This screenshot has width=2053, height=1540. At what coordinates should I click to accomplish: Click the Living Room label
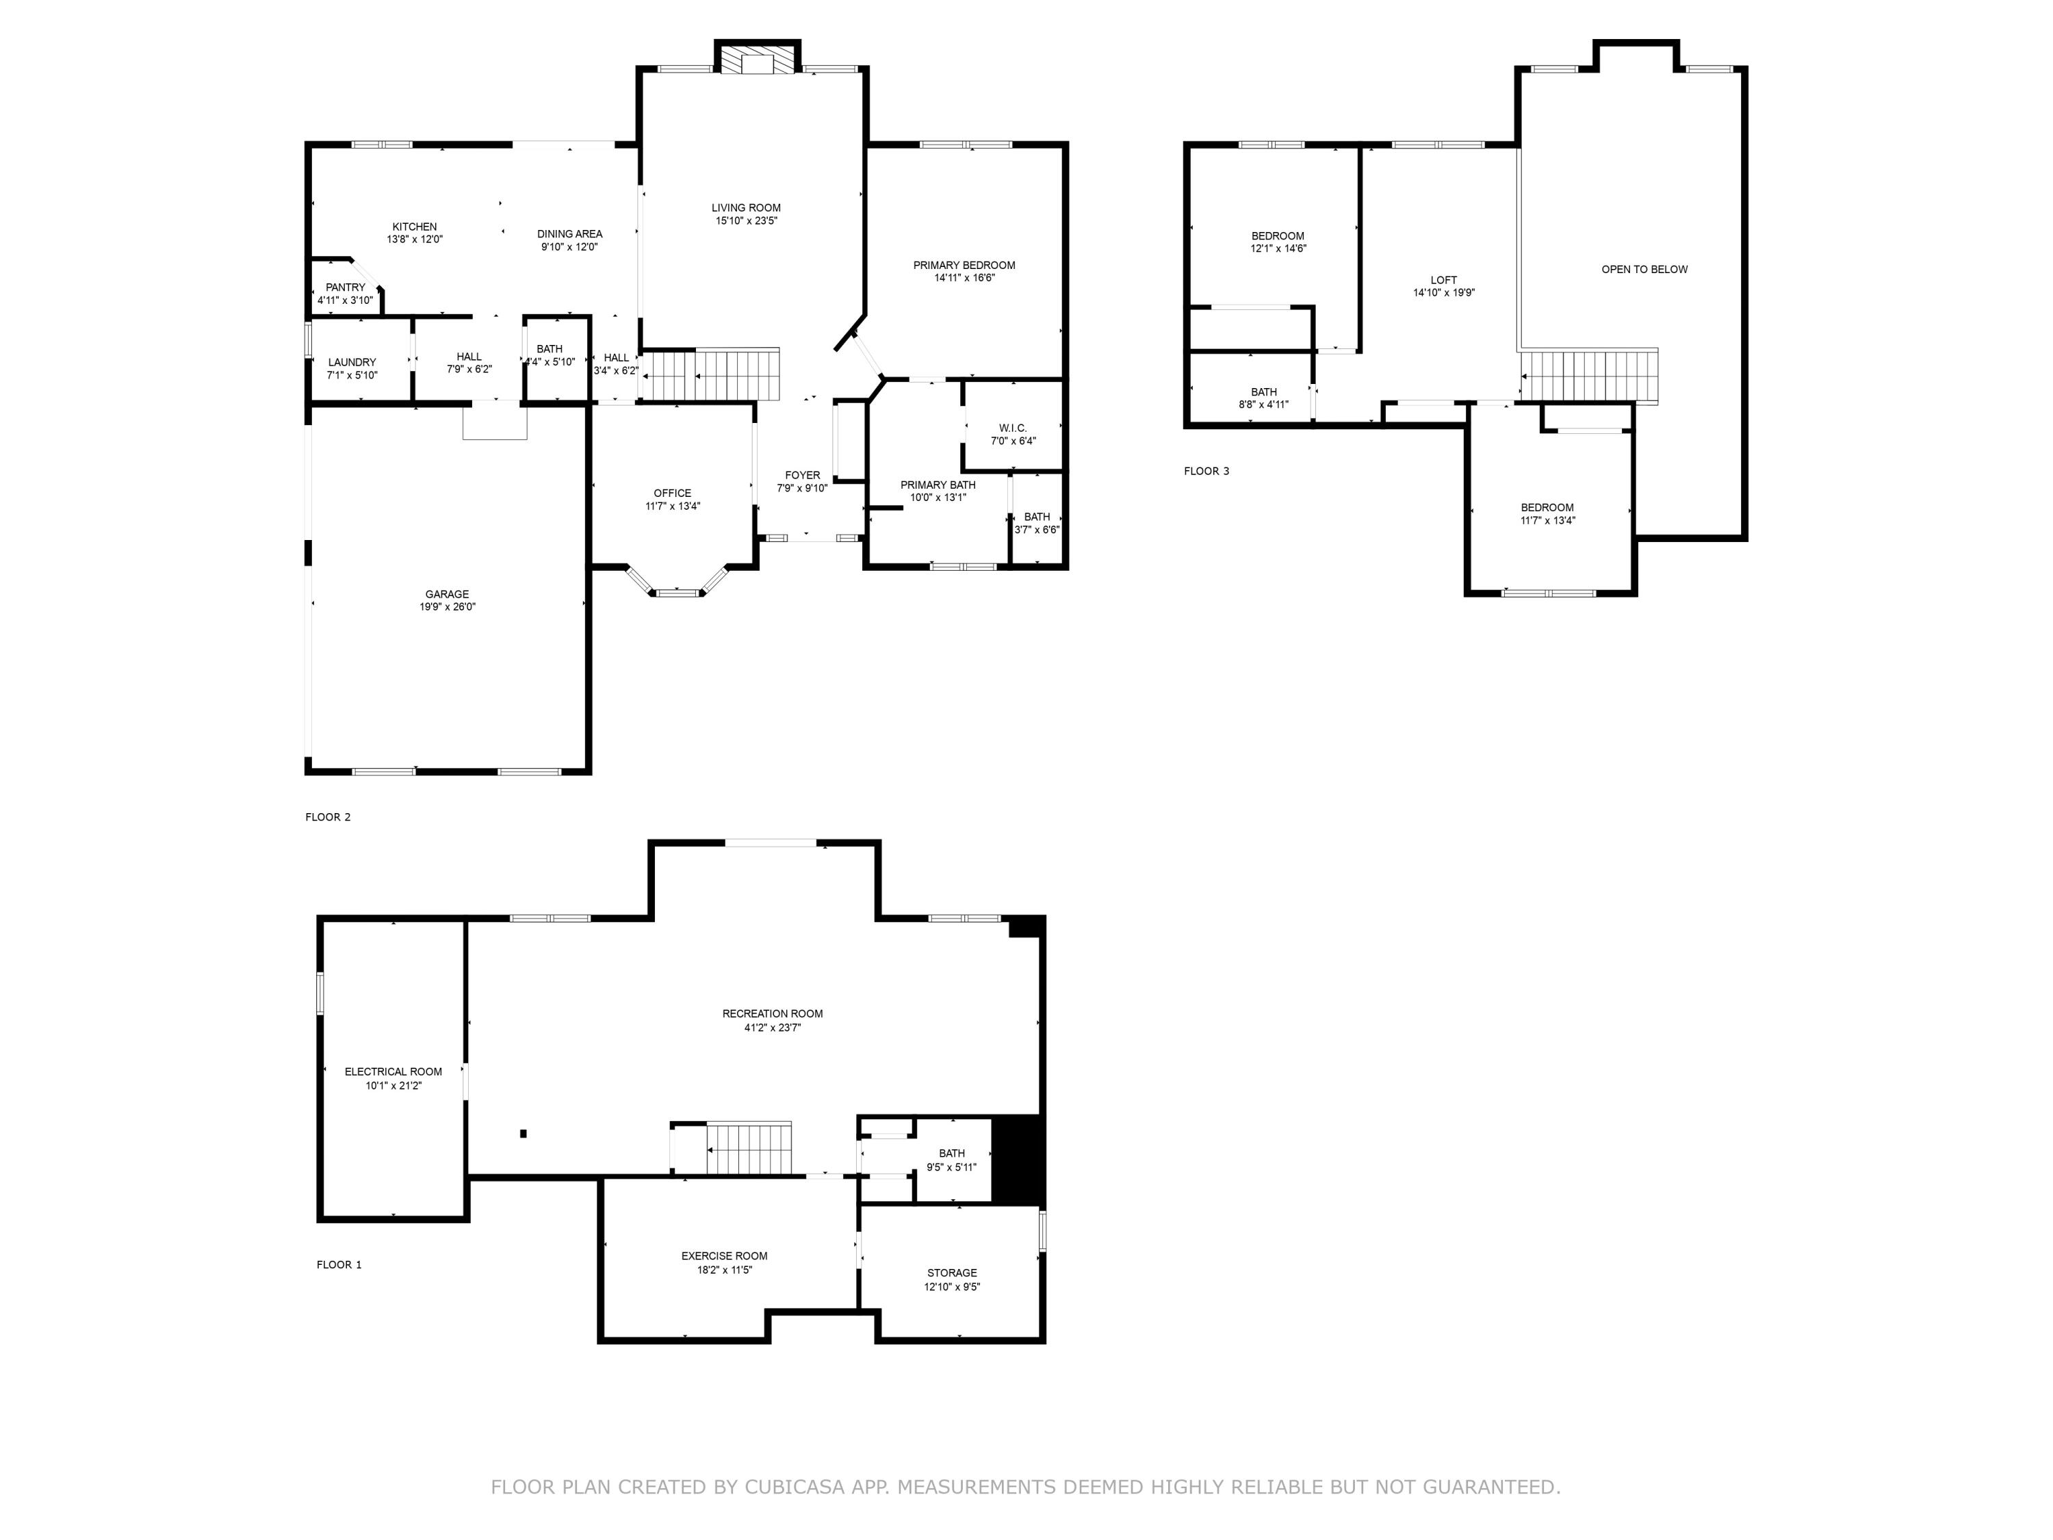[745, 208]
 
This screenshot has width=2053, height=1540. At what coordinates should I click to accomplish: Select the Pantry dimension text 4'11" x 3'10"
[346, 300]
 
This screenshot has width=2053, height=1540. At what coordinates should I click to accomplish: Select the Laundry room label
[352, 362]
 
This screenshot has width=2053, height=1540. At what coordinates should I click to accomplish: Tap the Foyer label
[802, 475]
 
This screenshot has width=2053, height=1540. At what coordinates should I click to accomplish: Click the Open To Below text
[1644, 269]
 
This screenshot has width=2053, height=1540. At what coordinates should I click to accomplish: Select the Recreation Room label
[772, 1014]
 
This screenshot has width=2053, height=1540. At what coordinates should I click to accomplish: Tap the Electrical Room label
[393, 1071]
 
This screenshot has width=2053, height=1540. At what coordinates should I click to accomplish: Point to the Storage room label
[951, 1272]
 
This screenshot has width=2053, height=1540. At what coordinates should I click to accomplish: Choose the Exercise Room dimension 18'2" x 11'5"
[724, 1270]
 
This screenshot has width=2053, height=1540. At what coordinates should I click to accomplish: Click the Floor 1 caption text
[339, 1264]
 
